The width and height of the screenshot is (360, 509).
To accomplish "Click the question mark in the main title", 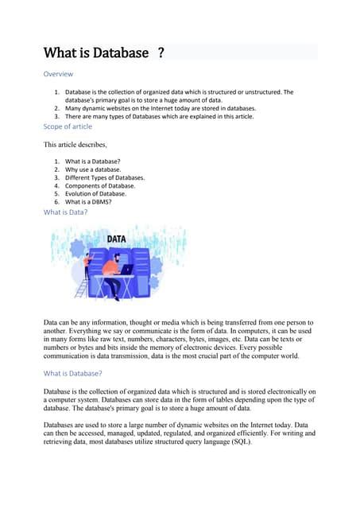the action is (x=161, y=53).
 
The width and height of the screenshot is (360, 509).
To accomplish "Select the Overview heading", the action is (x=58, y=74).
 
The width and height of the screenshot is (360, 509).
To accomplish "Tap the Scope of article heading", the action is (x=68, y=126).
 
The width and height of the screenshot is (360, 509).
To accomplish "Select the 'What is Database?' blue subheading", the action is (x=72, y=373).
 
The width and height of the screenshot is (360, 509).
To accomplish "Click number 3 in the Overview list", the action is (x=56, y=116).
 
